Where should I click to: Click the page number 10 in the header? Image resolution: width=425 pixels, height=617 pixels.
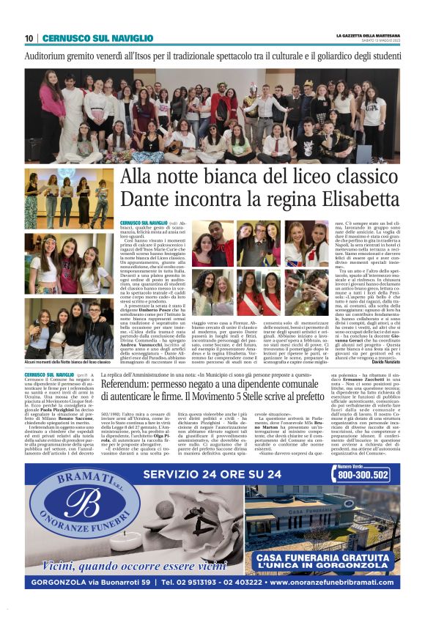tap(29, 38)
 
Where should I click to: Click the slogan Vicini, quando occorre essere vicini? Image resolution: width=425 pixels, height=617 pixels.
tap(135, 564)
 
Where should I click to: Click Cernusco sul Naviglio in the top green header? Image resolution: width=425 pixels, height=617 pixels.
tap(87, 38)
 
